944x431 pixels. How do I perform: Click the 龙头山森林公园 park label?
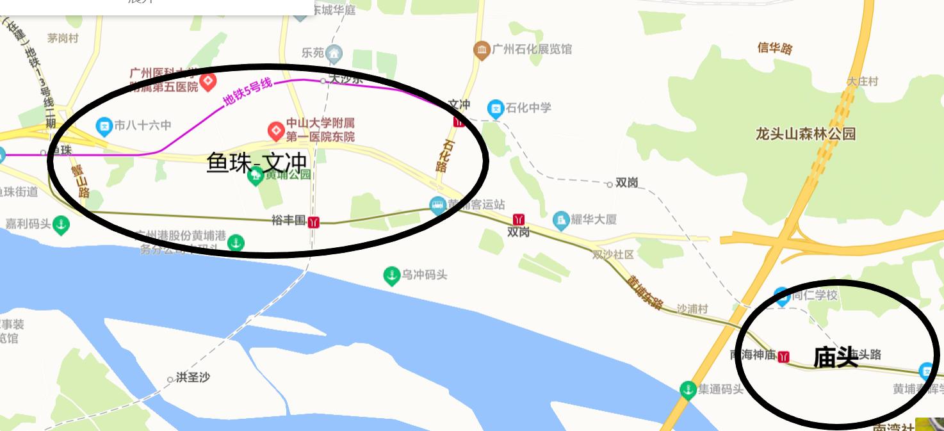pos(806,134)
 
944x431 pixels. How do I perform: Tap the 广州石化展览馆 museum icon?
pos(482,49)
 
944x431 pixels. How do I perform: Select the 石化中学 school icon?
pos(495,108)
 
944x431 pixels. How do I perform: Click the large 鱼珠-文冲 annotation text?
pos(257,163)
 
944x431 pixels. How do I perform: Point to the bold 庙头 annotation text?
pos(835,357)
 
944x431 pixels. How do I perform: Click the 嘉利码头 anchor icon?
pos(61,225)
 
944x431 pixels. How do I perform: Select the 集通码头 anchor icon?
pos(688,389)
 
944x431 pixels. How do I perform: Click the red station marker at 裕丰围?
pos(313,222)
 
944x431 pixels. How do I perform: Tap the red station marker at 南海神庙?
pos(783,357)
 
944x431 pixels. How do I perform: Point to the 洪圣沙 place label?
pos(192,378)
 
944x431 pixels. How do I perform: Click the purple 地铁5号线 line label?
pos(247,92)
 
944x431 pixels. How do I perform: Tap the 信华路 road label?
pos(775,48)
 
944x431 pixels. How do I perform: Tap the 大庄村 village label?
pos(863,81)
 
